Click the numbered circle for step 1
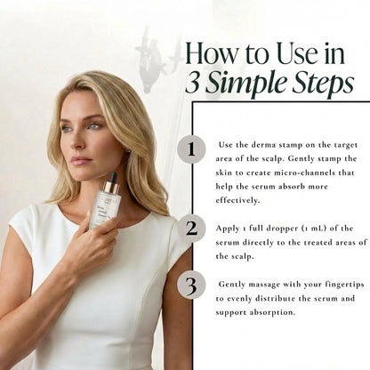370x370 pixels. pyautogui.click(x=191, y=149)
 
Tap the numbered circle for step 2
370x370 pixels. pyautogui.click(x=191, y=229)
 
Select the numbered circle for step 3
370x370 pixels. pyautogui.click(x=191, y=286)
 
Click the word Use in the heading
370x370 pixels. pyautogui.click(x=297, y=53)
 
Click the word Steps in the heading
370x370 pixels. pyautogui.click(x=323, y=84)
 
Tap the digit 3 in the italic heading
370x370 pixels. pyautogui.click(x=192, y=83)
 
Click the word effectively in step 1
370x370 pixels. pyautogui.click(x=237, y=200)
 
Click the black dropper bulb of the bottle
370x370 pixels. pyautogui.click(x=113, y=177)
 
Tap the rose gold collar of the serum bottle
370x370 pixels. pyautogui.click(x=111, y=188)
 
